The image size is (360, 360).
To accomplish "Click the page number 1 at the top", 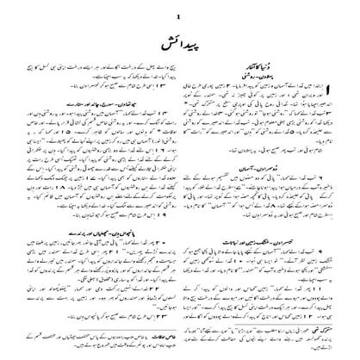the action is (x=180, y=15).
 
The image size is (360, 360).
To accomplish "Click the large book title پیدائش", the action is (x=180, y=42).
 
